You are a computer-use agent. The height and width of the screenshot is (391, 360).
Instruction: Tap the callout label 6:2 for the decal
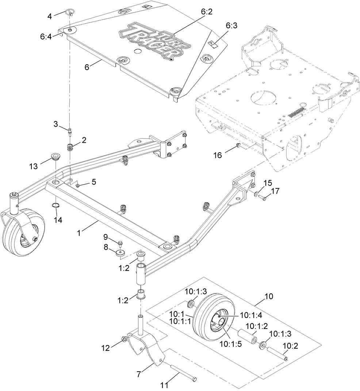click(206, 12)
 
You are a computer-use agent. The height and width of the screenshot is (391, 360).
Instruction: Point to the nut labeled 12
click(125, 340)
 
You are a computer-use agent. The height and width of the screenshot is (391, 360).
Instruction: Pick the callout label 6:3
click(231, 26)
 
